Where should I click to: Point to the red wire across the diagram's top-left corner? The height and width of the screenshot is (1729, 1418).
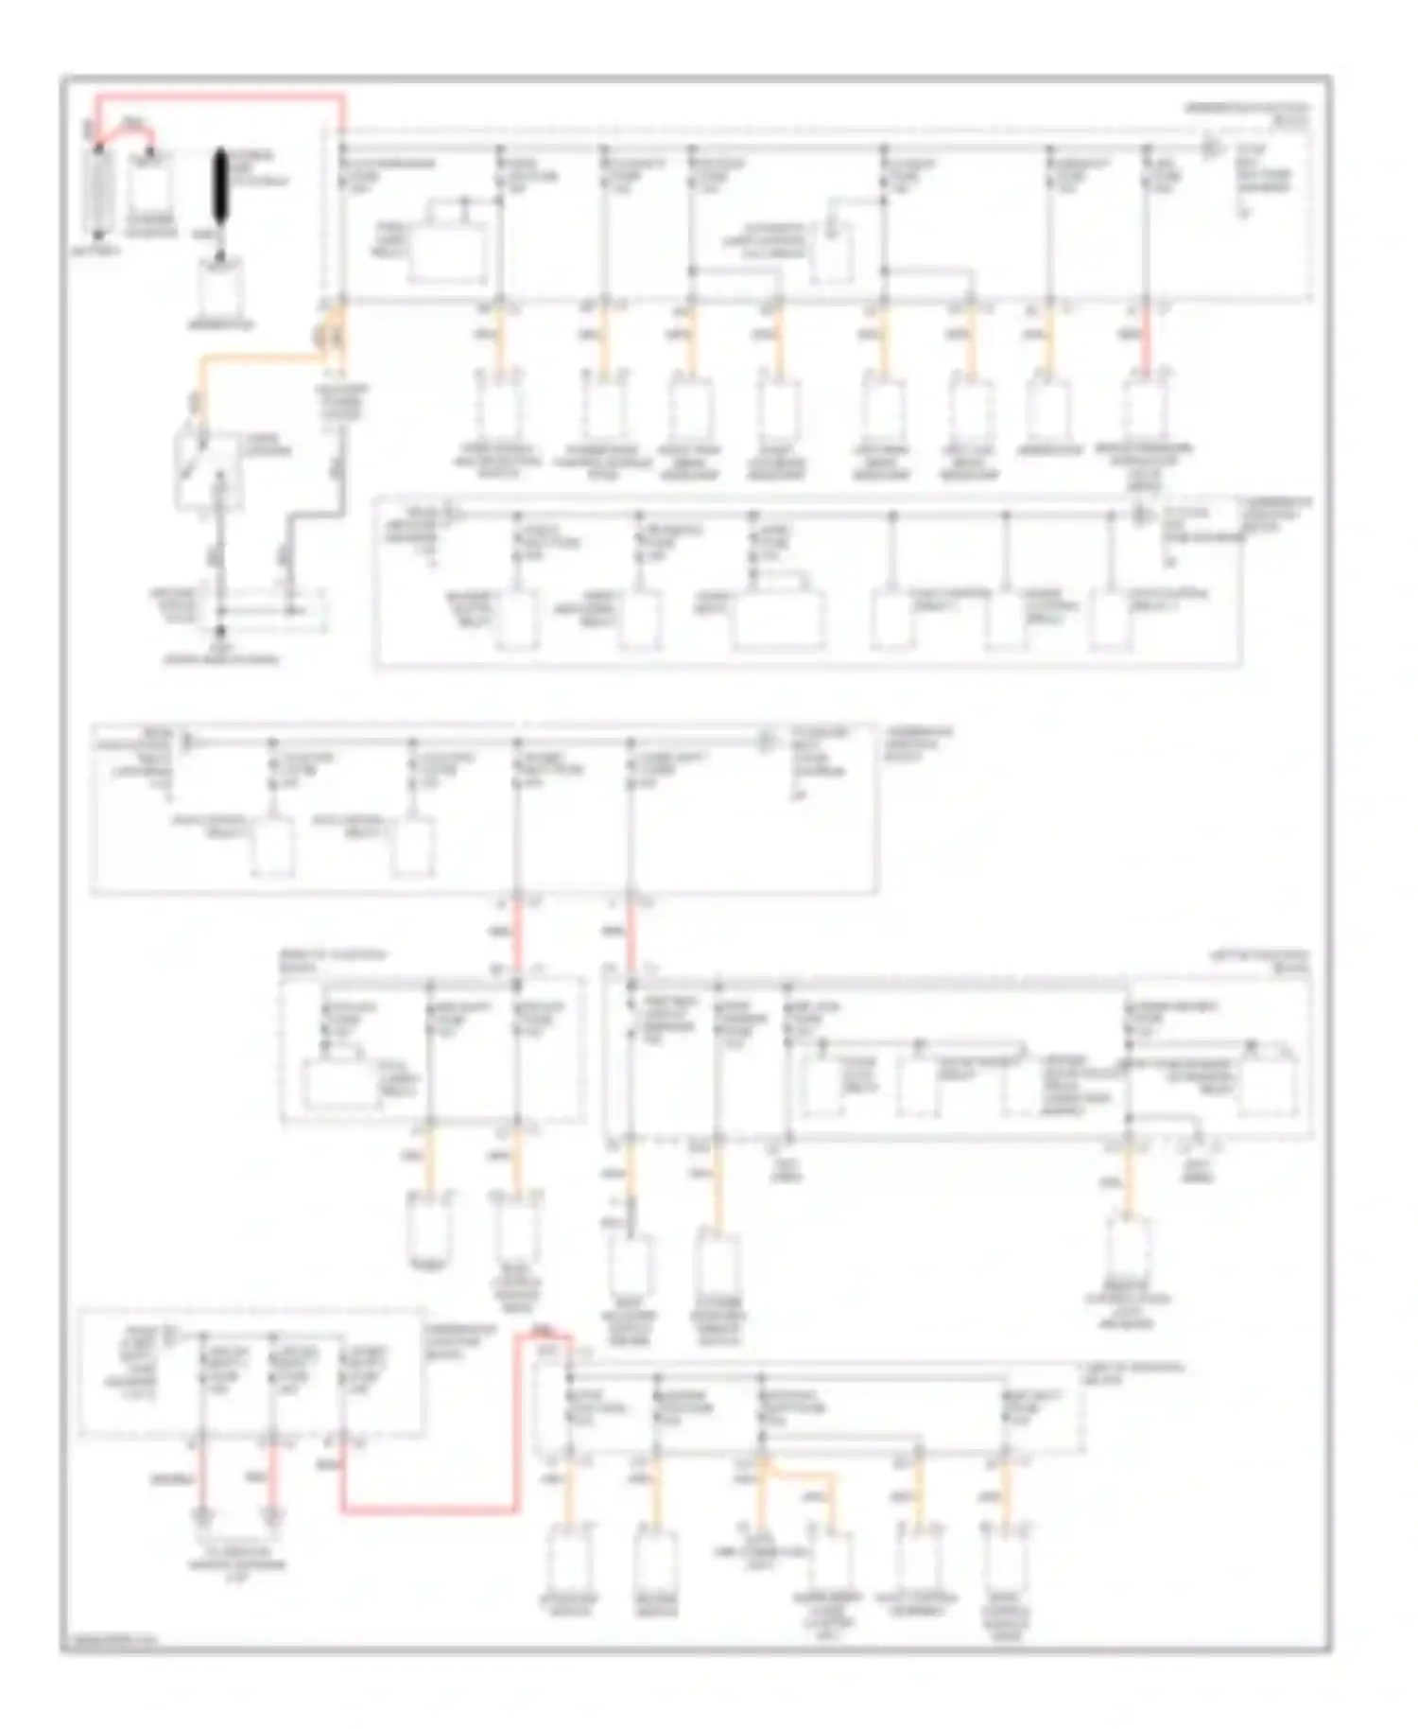point(217,96)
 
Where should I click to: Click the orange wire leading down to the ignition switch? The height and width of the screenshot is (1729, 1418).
point(255,359)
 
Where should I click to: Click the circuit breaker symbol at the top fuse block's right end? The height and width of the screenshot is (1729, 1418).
point(1209,148)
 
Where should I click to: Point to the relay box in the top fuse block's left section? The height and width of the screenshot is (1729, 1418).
point(448,253)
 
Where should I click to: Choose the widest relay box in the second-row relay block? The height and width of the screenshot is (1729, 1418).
point(777,620)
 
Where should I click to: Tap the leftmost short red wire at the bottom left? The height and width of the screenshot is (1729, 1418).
point(200,1481)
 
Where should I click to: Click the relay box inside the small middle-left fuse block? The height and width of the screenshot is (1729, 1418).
point(340,1086)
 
